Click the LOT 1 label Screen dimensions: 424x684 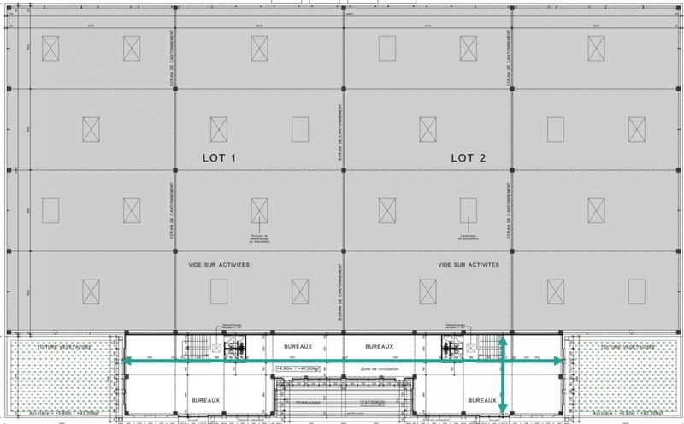218,158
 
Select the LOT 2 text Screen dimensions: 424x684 469,158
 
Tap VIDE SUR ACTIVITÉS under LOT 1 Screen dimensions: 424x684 218,265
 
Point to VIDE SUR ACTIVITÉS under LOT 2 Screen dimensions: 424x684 469,265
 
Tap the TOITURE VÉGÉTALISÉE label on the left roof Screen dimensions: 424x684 64,347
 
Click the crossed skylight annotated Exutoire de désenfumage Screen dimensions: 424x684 260,209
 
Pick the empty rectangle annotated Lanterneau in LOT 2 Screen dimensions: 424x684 468,209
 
